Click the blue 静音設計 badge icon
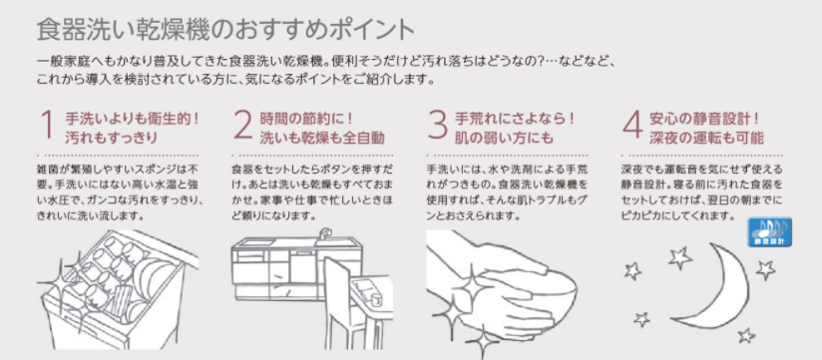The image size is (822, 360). coord(769,231)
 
